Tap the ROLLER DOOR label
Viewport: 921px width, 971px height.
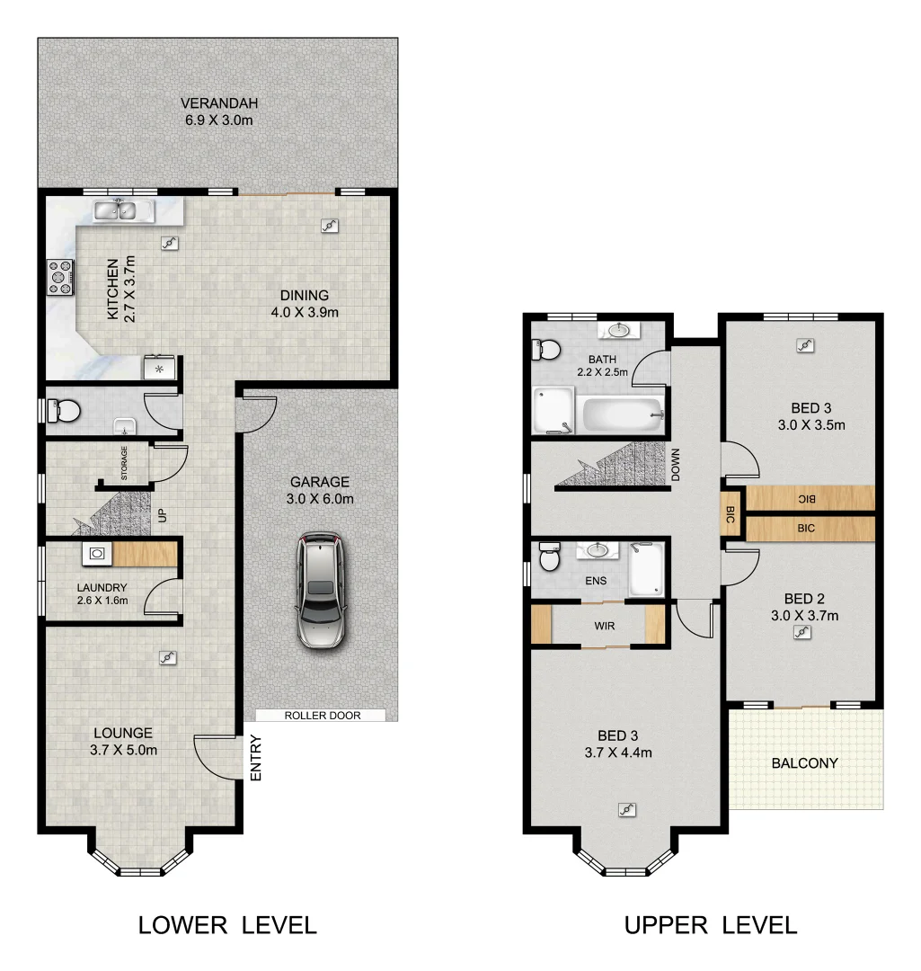tap(321, 716)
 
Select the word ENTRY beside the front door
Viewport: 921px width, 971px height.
tap(256, 759)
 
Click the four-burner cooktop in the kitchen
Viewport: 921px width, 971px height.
tap(60, 277)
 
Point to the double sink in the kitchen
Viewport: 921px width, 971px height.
tap(117, 211)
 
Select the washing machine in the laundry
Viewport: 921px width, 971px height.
tap(95, 556)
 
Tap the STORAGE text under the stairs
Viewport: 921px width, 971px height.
tap(124, 464)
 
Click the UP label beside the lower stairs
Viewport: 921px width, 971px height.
tap(163, 516)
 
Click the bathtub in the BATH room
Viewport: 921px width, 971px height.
tap(623, 414)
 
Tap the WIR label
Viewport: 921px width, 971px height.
tap(605, 625)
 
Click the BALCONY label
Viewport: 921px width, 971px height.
tap(804, 763)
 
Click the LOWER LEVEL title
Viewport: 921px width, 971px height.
tap(227, 925)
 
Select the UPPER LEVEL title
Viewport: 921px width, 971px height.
tap(711, 925)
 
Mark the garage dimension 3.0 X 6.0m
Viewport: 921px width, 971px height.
tap(320, 499)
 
